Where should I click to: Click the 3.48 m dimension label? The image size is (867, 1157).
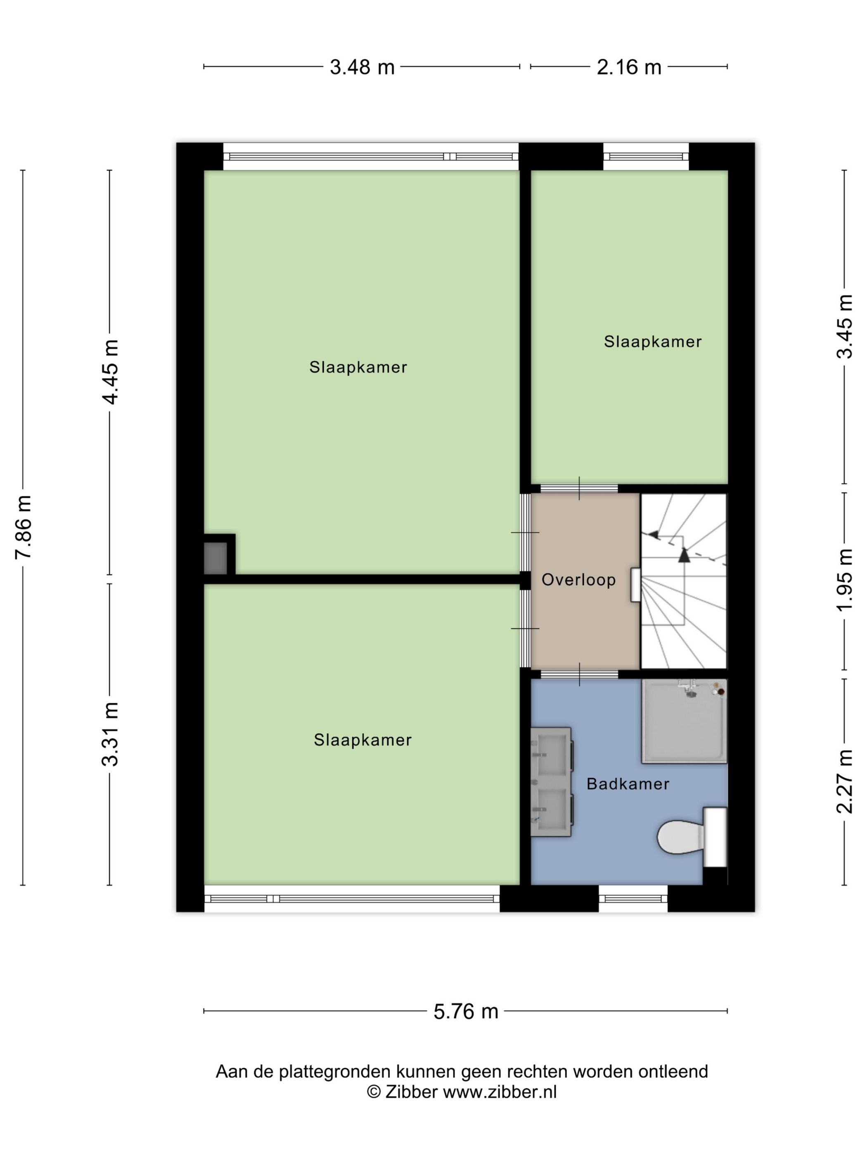pyautogui.click(x=362, y=67)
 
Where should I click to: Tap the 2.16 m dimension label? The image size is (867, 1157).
pyautogui.click(x=629, y=67)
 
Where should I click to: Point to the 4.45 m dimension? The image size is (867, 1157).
pyautogui.click(x=110, y=372)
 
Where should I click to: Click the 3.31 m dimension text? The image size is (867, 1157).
pyautogui.click(x=110, y=734)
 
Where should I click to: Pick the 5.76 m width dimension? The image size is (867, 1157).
pyautogui.click(x=465, y=1011)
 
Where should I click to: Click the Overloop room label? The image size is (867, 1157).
pyautogui.click(x=578, y=580)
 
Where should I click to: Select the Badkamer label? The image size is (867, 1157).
pyautogui.click(x=628, y=783)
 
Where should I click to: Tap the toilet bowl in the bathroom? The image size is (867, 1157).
pyautogui.click(x=680, y=837)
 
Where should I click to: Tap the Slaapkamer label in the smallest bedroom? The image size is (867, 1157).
pyautogui.click(x=652, y=342)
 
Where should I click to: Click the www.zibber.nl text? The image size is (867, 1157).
pyautogui.click(x=500, y=1092)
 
